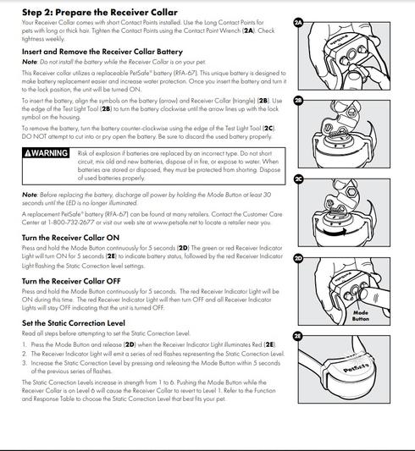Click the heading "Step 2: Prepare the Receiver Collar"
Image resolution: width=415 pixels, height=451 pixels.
[x=100, y=13]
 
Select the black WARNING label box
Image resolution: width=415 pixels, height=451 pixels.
[x=46, y=152]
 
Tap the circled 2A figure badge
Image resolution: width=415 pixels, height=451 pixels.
[x=298, y=23]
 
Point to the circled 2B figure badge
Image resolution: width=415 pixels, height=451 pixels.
[x=298, y=101]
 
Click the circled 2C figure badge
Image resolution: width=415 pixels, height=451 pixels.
[x=298, y=179]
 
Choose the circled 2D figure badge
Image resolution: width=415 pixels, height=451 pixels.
[x=298, y=258]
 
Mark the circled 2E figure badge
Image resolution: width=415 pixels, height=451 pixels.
[x=298, y=336]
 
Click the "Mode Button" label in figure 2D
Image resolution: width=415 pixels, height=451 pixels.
[x=361, y=316]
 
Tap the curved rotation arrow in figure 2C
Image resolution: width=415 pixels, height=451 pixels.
[x=335, y=232]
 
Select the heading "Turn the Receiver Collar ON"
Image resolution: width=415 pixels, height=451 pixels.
[x=70, y=238]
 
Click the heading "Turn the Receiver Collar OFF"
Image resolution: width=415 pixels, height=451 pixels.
[x=71, y=281]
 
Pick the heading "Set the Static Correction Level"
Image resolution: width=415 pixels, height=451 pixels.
[x=74, y=323]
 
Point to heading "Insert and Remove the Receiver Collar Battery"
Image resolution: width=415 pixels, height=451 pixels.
[x=102, y=52]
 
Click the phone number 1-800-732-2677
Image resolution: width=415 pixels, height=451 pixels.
[x=71, y=223]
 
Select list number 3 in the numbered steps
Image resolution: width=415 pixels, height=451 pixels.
[x=25, y=363]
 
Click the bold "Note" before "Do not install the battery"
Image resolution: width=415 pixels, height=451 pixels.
[x=30, y=62]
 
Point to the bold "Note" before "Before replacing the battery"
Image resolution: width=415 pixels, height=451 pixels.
[x=30, y=195]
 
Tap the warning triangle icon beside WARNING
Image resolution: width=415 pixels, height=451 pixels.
[x=28, y=153]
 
